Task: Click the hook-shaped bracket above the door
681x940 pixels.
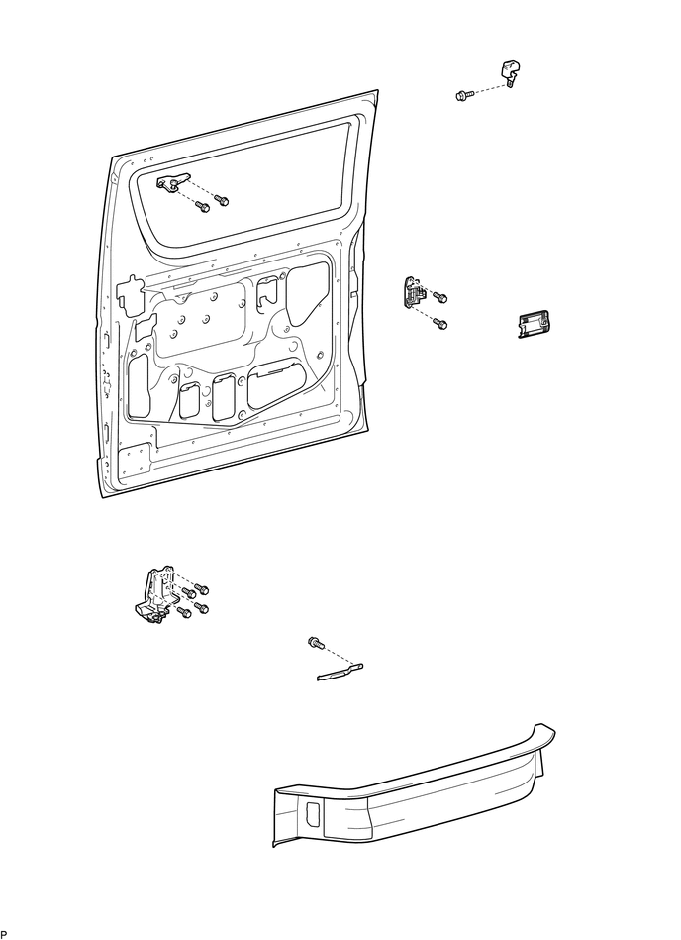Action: (509, 72)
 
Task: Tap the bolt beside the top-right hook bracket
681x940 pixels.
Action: (462, 95)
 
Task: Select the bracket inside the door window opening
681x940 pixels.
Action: (172, 182)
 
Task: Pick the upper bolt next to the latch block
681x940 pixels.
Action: (441, 296)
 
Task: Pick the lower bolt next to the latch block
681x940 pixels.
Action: (441, 323)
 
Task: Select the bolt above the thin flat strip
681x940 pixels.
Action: (316, 644)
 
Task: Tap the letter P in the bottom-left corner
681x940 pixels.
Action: (4, 934)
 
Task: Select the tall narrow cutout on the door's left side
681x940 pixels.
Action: (138, 384)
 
